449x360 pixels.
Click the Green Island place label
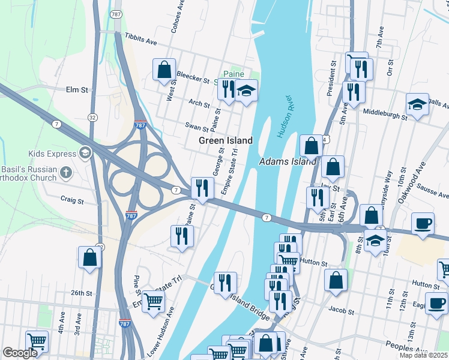[225, 140]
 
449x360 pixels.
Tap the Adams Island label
[288, 162]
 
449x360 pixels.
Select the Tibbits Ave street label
[140, 39]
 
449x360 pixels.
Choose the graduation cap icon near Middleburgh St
[417, 104]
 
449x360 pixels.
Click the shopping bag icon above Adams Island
[312, 145]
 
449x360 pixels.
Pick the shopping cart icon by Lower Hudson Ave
[154, 301]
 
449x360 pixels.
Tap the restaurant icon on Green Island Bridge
[225, 283]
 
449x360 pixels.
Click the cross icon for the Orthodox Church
[66, 173]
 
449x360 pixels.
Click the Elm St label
[77, 90]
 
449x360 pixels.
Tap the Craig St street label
[71, 199]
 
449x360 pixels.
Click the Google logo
[20, 353]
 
